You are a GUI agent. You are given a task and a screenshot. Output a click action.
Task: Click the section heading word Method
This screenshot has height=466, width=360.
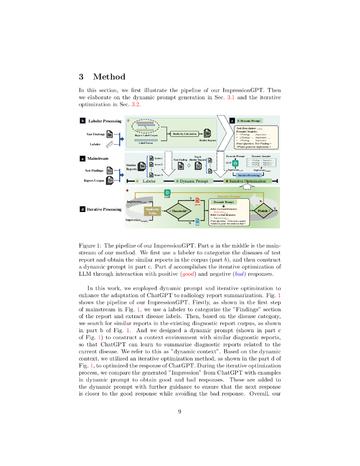109,77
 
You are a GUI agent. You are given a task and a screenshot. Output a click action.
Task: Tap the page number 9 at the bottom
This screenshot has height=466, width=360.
180,411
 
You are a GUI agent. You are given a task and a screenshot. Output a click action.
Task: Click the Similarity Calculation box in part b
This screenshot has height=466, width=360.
184,133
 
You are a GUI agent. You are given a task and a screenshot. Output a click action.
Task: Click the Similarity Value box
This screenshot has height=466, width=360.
152,211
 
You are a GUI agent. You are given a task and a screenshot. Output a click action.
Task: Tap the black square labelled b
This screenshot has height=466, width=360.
83,121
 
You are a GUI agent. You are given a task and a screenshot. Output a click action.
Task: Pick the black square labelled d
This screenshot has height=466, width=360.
82,209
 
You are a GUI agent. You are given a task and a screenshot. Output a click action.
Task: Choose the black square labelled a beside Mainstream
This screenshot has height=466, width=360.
82,159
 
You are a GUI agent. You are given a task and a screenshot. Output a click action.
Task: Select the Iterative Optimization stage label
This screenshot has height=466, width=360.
248,181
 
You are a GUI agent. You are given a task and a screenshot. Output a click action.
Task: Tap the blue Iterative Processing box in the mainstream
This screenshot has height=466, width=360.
249,175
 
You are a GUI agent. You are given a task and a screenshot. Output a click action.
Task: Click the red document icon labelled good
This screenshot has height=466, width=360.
197,201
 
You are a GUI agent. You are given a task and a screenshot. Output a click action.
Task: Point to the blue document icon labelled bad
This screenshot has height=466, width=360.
197,221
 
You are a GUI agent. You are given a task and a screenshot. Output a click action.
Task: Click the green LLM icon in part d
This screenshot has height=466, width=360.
167,192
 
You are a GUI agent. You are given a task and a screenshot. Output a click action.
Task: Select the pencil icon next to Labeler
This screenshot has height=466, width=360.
110,144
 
